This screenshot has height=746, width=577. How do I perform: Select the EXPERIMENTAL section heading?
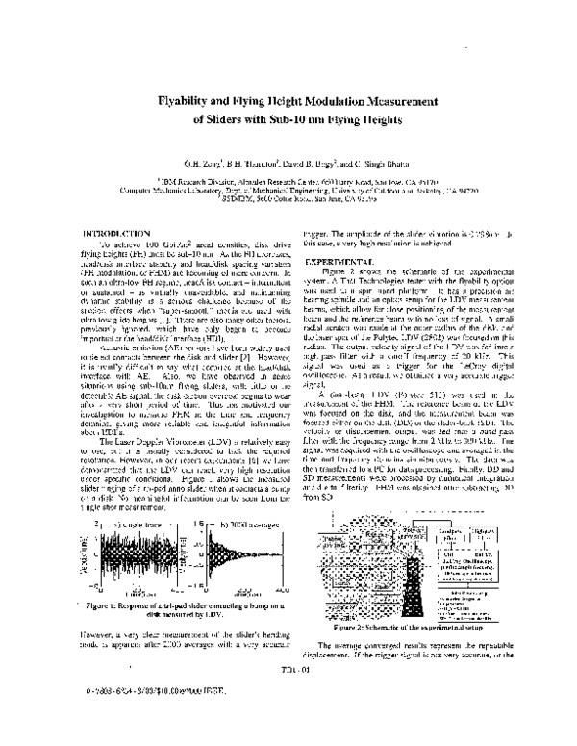339,263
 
